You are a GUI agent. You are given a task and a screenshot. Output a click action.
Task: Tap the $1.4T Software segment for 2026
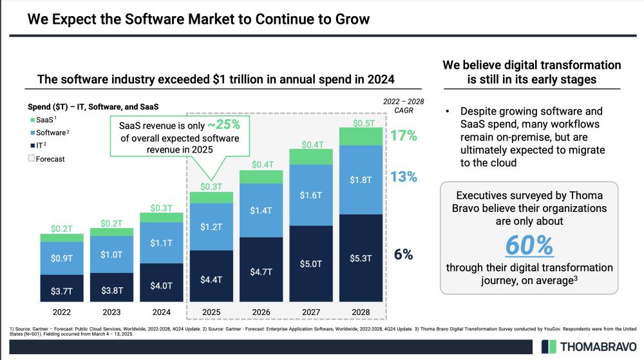click(261, 211)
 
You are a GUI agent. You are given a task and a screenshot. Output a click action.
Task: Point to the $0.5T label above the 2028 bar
click(362, 122)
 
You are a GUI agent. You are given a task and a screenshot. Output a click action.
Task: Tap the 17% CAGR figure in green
click(404, 136)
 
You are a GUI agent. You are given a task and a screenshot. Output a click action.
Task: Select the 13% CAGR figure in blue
click(404, 177)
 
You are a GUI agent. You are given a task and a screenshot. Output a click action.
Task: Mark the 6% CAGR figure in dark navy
click(403, 254)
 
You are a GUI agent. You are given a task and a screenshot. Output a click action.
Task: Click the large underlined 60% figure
click(529, 246)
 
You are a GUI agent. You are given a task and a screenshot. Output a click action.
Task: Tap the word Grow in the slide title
click(352, 19)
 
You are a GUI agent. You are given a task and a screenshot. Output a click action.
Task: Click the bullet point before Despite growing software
click(448, 112)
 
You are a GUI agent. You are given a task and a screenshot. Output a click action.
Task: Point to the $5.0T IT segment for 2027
click(311, 263)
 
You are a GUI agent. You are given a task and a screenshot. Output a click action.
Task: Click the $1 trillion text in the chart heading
click(251, 79)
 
